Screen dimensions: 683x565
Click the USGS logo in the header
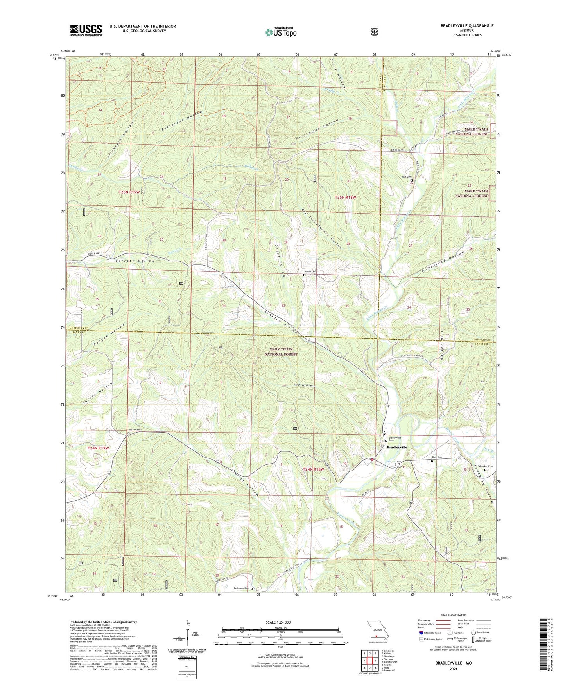click(86, 30)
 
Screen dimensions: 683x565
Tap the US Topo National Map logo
click(280, 32)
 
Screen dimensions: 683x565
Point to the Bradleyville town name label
click(396, 447)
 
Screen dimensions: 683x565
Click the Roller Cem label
click(134, 430)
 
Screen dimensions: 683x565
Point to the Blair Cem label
click(436, 457)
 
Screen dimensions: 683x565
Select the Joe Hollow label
click(304, 385)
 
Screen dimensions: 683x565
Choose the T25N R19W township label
click(129, 192)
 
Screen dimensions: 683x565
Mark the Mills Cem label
click(406, 177)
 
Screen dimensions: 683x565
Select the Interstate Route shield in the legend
click(421, 633)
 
